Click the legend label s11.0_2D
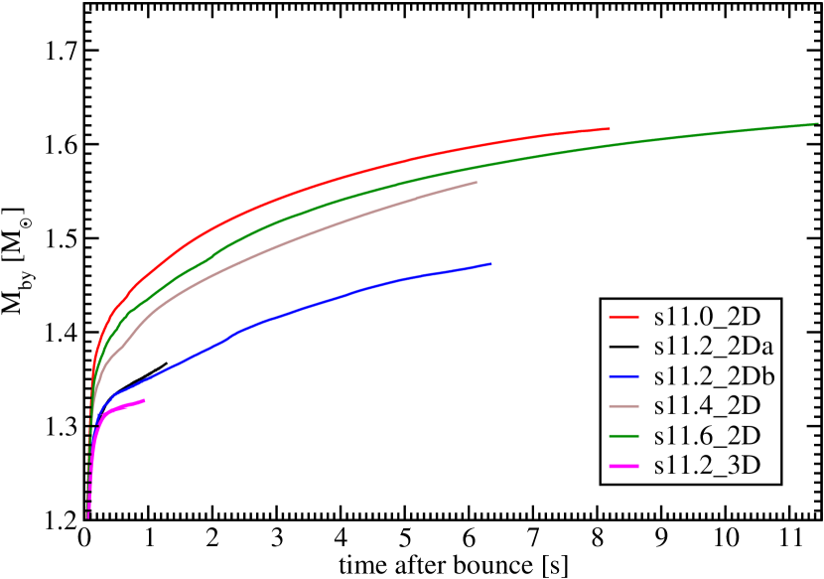pos(707,317)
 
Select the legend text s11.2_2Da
pos(714,347)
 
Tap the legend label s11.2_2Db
pos(714,376)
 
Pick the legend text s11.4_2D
pos(707,406)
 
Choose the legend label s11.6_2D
pos(707,436)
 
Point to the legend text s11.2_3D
pos(707,466)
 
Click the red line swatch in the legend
pos(623,317)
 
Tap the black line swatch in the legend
pos(623,347)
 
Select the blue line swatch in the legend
pos(623,376)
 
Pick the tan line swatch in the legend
pos(623,406)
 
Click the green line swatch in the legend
pos(623,436)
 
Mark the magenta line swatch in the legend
pos(623,466)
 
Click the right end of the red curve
pos(609,128)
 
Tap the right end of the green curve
pos(816,124)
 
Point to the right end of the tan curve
pos(477,182)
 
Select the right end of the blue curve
pos(490,263)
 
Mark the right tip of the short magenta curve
pos(145,400)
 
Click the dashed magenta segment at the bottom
pos(88,502)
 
